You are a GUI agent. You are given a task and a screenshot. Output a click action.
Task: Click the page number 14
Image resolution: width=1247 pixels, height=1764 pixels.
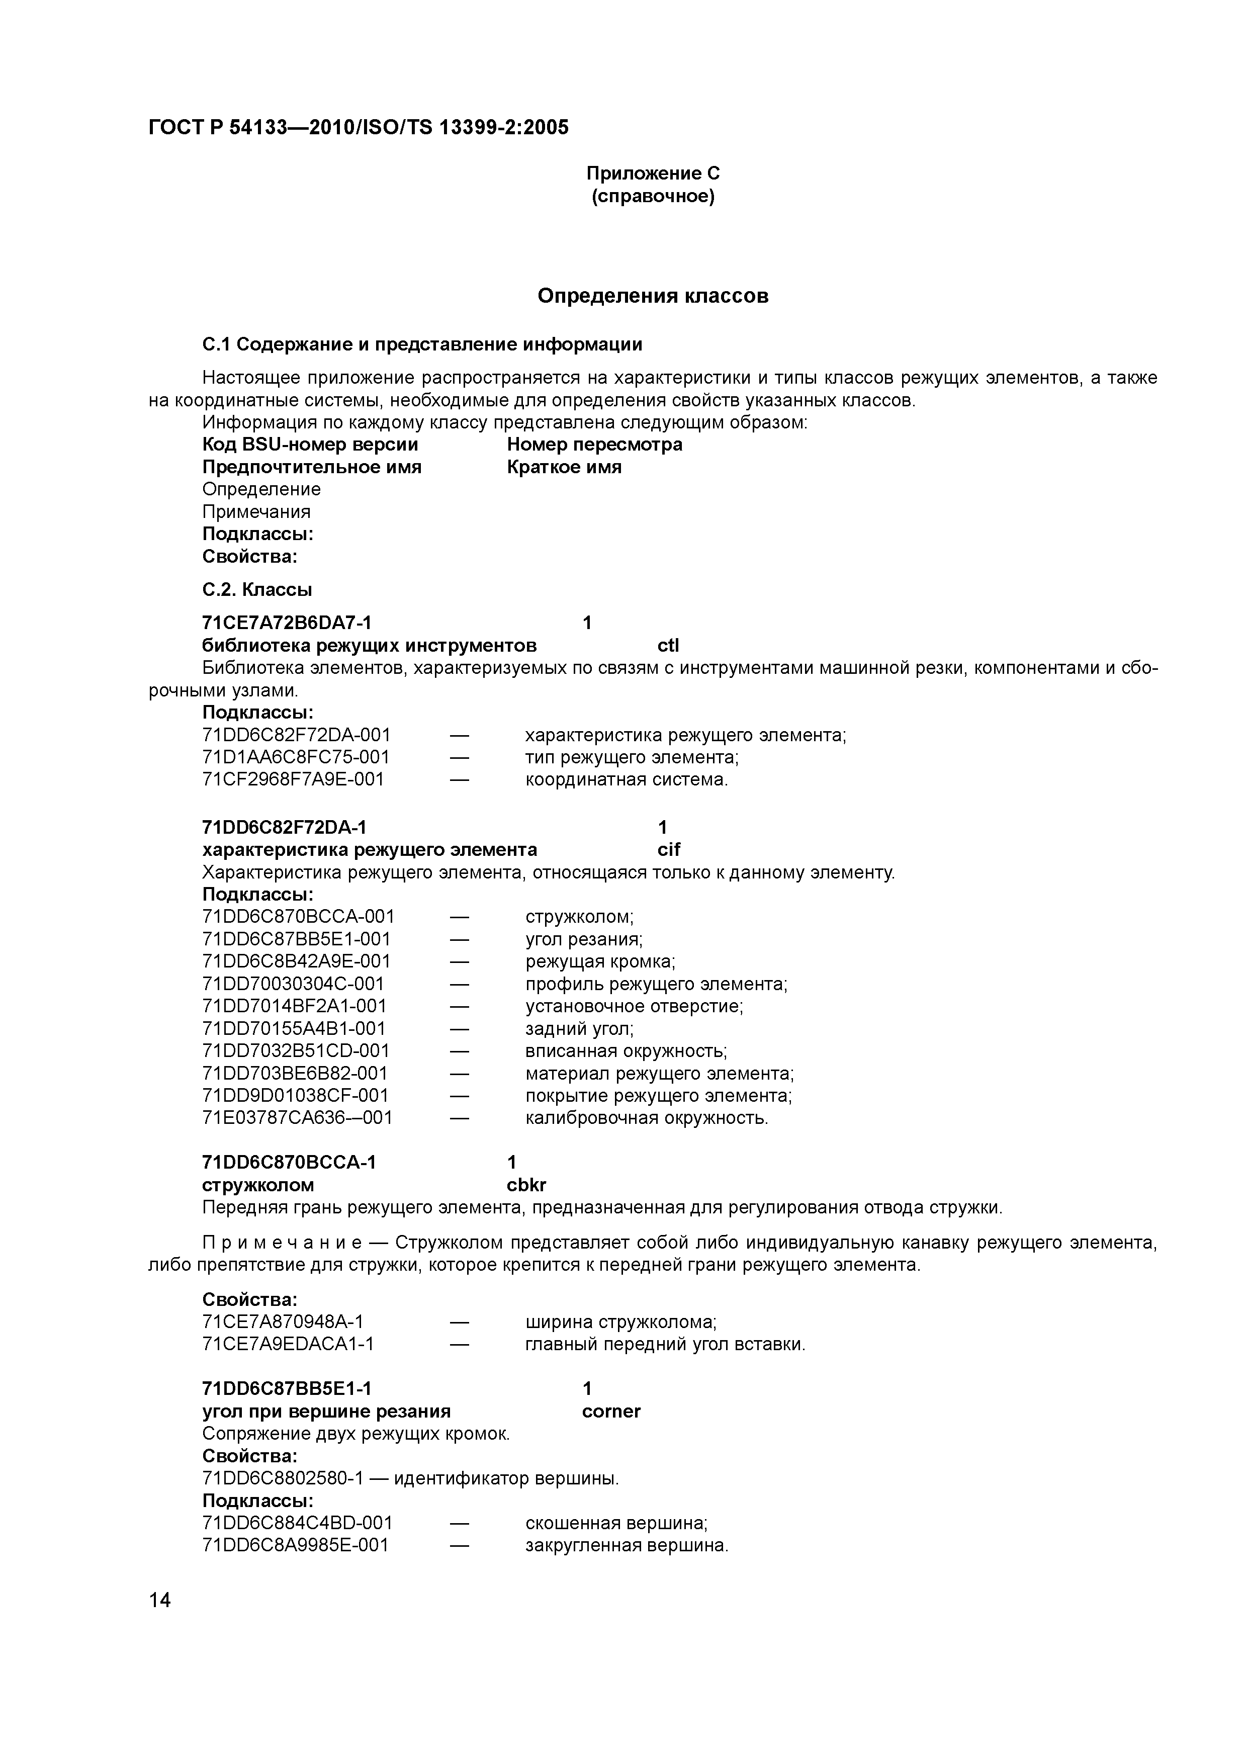tap(160, 1601)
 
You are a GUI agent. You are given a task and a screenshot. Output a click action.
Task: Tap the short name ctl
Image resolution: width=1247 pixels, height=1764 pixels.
tap(668, 645)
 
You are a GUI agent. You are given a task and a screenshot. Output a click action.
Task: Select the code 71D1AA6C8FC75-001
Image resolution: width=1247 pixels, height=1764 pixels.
tap(296, 757)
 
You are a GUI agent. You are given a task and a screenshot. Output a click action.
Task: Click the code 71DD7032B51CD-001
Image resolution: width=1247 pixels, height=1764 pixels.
tap(296, 1050)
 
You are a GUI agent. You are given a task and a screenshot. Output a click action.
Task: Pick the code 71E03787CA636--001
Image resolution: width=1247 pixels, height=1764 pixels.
tap(297, 1118)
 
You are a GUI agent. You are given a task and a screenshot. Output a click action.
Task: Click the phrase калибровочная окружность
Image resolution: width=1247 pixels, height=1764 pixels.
tap(646, 1118)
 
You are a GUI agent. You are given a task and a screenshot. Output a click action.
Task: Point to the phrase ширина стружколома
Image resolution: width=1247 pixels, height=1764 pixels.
tap(620, 1321)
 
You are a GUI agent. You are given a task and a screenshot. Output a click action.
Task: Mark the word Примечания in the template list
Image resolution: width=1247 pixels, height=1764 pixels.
tap(256, 512)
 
